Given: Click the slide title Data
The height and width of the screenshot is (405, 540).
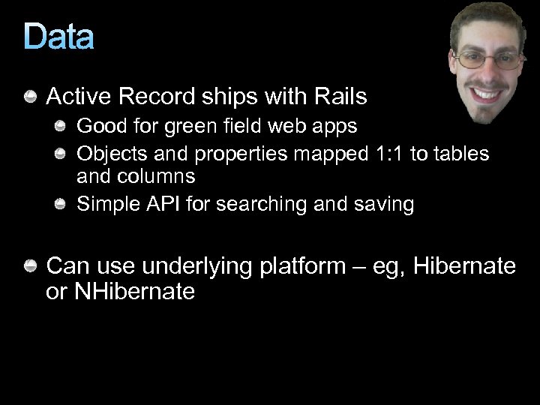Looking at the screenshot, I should tap(58, 37).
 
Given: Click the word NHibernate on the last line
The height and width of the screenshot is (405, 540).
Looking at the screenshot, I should tap(134, 292).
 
